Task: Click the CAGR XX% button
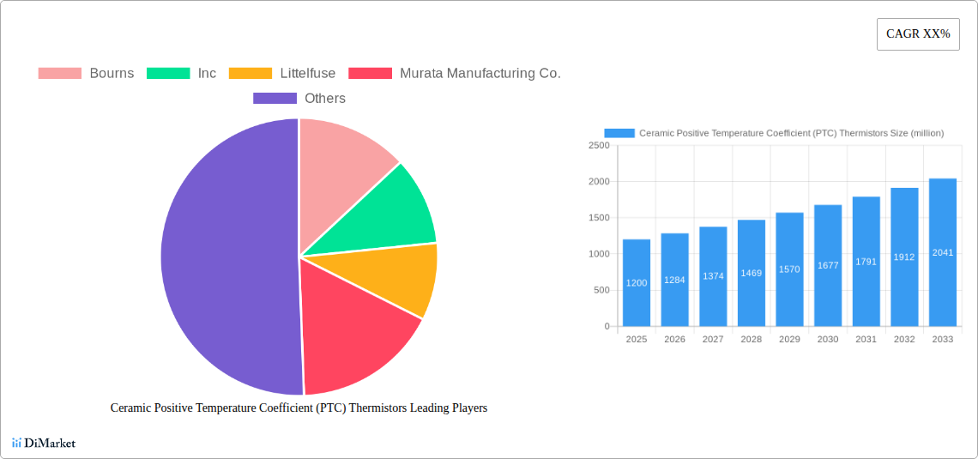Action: (918, 34)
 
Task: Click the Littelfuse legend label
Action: (307, 73)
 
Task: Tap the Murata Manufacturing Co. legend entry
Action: (480, 73)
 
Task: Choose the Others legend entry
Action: (324, 98)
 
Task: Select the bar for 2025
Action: (637, 283)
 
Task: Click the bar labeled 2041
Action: (943, 252)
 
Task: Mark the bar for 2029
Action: (789, 269)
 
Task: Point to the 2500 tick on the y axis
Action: (599, 146)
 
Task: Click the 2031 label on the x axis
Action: (866, 340)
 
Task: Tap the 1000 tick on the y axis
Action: (599, 254)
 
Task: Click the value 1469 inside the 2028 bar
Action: (752, 273)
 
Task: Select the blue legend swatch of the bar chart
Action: (619, 133)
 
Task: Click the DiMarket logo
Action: (44, 443)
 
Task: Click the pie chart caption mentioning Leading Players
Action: (299, 408)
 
